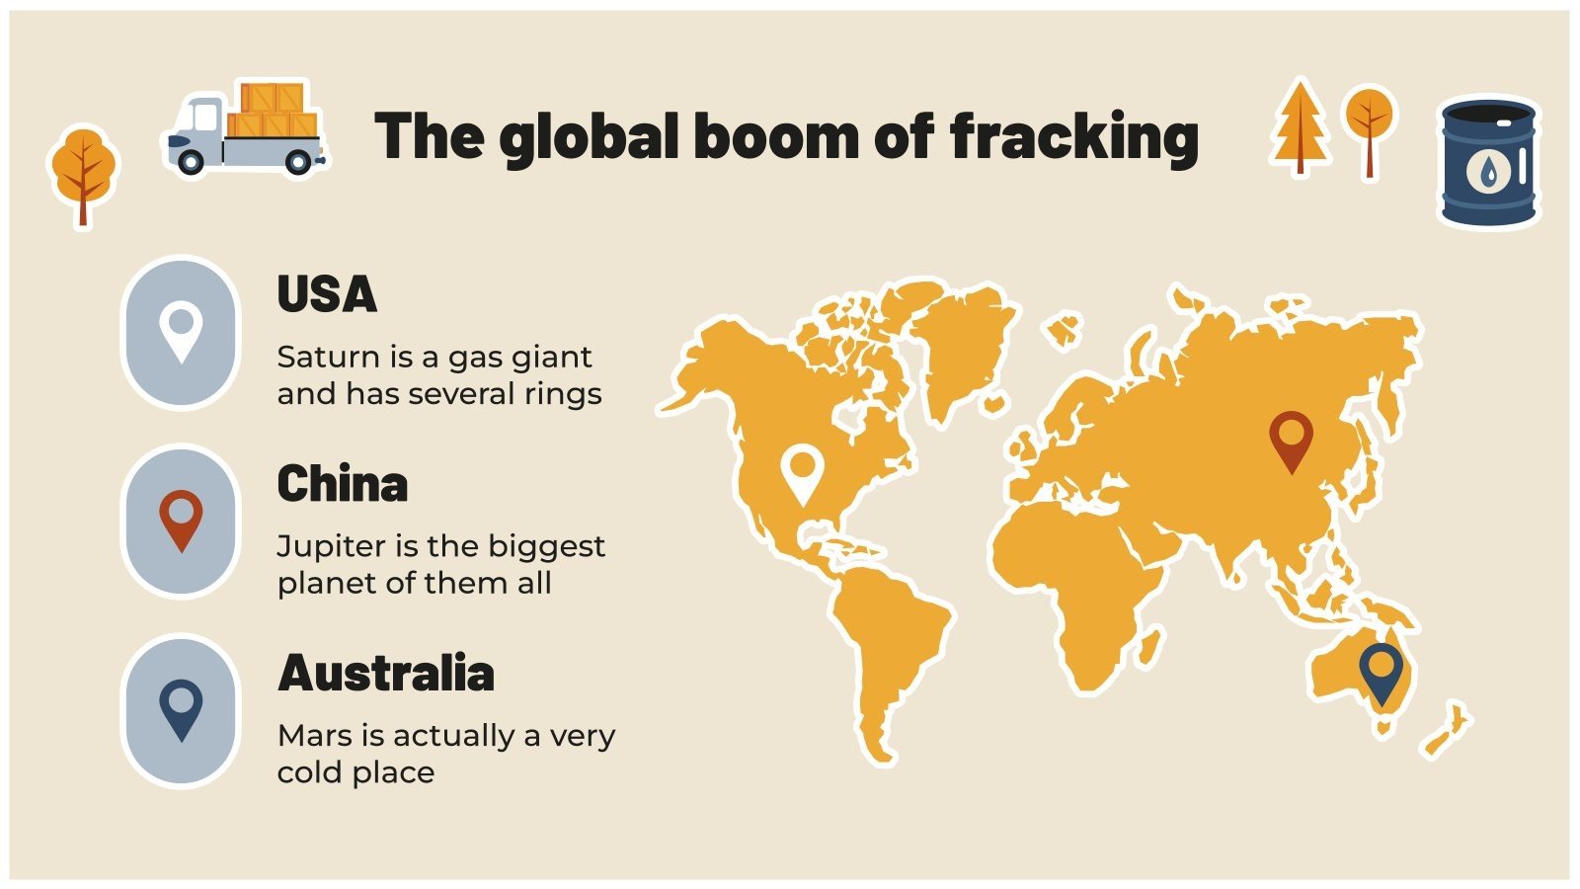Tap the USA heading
click(327, 294)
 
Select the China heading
click(342, 484)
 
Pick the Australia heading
click(386, 674)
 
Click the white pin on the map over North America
click(802, 470)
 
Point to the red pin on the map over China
click(1291, 438)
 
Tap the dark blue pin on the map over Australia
click(1381, 670)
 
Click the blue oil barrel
click(1488, 163)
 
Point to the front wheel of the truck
click(190, 161)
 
